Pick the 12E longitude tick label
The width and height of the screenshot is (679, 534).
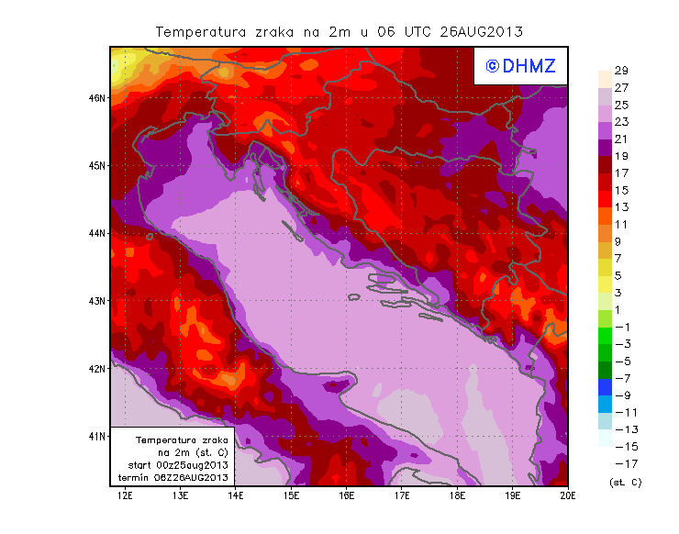pyautogui.click(x=126, y=496)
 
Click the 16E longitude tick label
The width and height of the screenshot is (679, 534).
pyautogui.click(x=347, y=496)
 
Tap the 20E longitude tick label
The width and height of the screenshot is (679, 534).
pyautogui.click(x=568, y=496)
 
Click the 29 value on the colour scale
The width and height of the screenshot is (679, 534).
pyautogui.click(x=620, y=71)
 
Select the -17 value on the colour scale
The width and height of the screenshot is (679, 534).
pyautogui.click(x=621, y=463)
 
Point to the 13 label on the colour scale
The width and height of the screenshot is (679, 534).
pyautogui.click(x=620, y=207)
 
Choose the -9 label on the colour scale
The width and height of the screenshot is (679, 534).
pyautogui.click(x=621, y=395)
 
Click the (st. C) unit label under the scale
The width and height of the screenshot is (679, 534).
pyautogui.click(x=625, y=482)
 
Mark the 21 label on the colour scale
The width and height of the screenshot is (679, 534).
pyautogui.click(x=620, y=139)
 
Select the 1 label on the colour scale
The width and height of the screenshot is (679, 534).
pyautogui.click(x=621, y=309)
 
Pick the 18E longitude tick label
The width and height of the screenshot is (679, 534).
pyautogui.click(x=458, y=496)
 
